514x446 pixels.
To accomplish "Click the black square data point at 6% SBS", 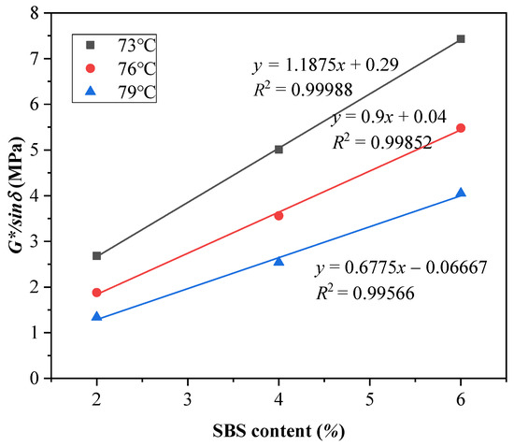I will pos(461,39).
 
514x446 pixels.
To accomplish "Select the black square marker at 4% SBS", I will pos(278,150).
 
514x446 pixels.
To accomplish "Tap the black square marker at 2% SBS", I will pos(96,256).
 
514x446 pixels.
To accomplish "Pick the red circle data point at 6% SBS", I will pos(461,128).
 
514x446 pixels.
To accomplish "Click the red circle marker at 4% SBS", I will pos(278,216).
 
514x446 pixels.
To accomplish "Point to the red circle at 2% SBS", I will pos(96,293).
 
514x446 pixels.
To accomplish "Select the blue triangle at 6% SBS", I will pos(461,193).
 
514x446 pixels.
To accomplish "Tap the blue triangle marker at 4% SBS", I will pos(278,261).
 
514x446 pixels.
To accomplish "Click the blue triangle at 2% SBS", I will pos(96,316).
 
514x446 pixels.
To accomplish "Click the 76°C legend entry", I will pos(116,68).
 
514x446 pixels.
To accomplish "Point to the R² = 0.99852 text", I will pos(378,143).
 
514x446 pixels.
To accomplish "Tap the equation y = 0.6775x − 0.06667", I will pos(399,269).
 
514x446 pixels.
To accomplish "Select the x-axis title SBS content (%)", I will pos(278,431).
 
